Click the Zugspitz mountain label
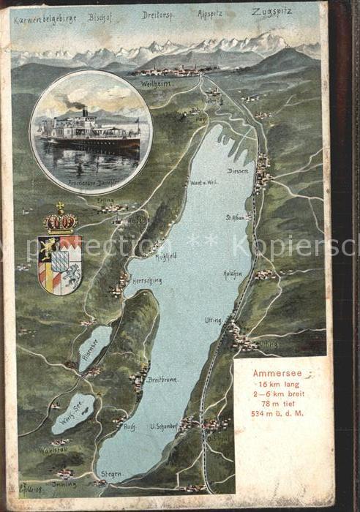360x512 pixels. [272, 12]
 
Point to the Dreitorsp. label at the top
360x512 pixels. [157, 15]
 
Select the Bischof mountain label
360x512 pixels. [102, 15]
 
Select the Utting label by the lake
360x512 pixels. [214, 320]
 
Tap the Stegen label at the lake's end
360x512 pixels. [112, 475]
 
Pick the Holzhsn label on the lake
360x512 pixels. [233, 274]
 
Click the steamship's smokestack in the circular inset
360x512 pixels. [85, 111]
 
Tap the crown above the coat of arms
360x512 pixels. [60, 219]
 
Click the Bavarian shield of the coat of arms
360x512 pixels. [59, 265]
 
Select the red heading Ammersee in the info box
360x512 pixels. [276, 373]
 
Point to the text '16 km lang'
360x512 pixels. [277, 384]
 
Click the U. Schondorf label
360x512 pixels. [165, 426]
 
